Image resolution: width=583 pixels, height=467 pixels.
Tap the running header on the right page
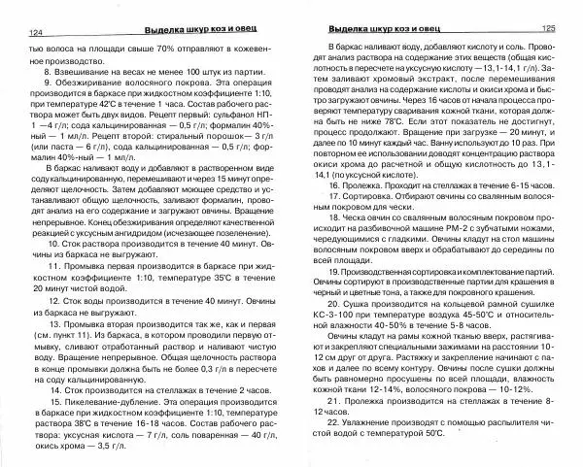(389, 30)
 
